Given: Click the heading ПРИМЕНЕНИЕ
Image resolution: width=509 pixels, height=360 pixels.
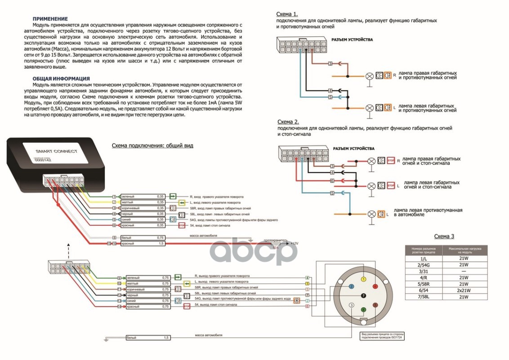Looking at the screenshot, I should (50, 19).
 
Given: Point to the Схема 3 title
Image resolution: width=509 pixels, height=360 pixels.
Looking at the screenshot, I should (444, 236).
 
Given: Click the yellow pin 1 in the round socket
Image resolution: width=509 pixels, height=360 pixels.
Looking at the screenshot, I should (363, 279).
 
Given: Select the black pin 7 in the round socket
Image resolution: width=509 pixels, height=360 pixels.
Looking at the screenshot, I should (363, 295).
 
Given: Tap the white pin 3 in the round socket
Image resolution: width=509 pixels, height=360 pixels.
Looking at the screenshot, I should (351, 306).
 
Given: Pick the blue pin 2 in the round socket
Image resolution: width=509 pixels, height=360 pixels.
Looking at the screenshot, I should (351, 286).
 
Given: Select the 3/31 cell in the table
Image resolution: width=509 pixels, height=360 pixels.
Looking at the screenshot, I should (423, 271).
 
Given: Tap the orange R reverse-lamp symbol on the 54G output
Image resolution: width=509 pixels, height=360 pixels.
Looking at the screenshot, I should (297, 300).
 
